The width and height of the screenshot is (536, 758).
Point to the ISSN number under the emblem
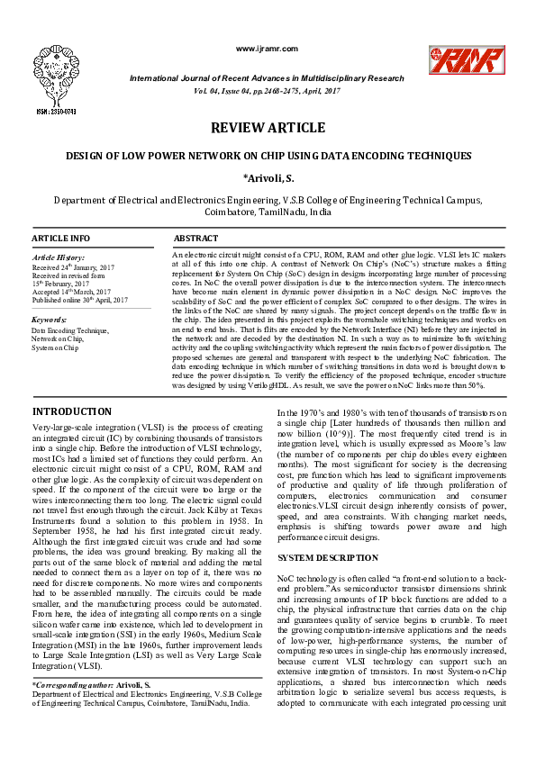click(56, 112)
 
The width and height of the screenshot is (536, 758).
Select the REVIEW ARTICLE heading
click(268, 129)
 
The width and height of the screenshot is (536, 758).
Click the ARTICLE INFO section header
click(61, 239)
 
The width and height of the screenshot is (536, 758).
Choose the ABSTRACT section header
click(195, 239)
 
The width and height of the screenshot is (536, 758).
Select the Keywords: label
click(49, 320)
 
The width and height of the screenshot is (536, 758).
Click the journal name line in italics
click(268, 78)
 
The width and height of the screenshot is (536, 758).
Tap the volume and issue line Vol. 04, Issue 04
click(268, 91)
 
